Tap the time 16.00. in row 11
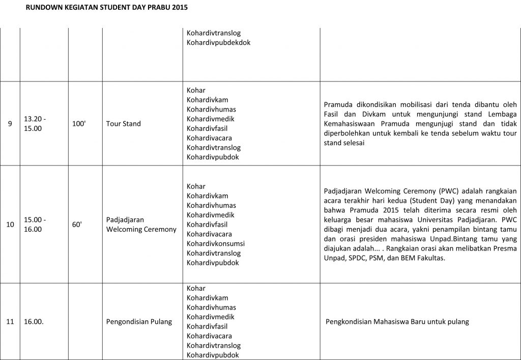(x=33, y=322)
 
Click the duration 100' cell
(x=79, y=124)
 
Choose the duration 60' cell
(x=77, y=225)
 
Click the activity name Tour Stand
(x=124, y=124)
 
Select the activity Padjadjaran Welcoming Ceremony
(x=141, y=225)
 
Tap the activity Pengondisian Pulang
(x=139, y=322)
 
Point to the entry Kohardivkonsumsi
(x=216, y=243)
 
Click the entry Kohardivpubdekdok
(x=218, y=43)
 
